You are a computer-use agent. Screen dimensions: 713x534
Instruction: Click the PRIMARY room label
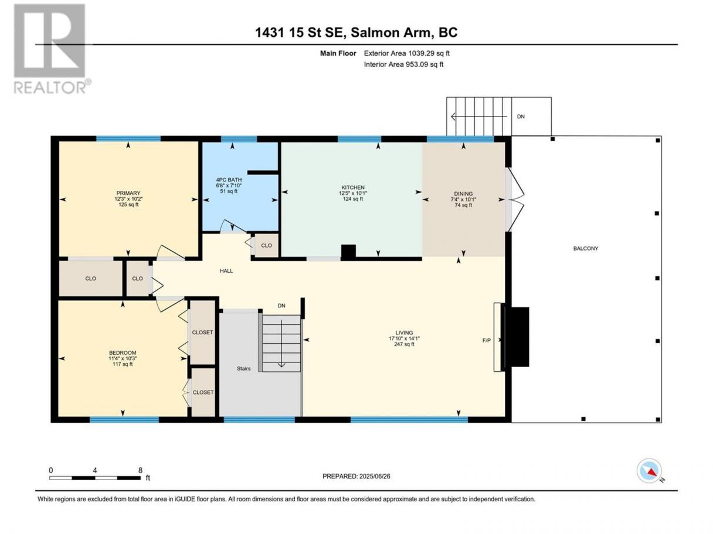(x=128, y=193)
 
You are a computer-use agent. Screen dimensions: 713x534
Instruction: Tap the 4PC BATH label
(x=229, y=180)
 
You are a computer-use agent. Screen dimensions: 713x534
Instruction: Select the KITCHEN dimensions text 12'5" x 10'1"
(x=353, y=193)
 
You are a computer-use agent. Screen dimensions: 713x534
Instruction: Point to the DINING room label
(x=463, y=194)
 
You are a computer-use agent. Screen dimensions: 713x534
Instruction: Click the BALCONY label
(x=586, y=248)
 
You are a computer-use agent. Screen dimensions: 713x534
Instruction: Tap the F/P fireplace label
(x=486, y=340)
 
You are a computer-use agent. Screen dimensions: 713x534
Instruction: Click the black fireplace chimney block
(x=520, y=337)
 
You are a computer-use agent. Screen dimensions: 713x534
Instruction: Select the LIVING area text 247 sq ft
(x=404, y=344)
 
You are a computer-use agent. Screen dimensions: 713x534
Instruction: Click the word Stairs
(x=243, y=368)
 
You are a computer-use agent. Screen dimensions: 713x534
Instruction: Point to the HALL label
(x=226, y=271)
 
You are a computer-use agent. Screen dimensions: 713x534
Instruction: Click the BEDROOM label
(x=123, y=352)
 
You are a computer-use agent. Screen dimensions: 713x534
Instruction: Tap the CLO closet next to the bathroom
(x=266, y=245)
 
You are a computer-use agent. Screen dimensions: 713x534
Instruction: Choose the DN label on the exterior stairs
(x=521, y=117)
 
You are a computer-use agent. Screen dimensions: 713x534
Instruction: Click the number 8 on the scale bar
(x=140, y=470)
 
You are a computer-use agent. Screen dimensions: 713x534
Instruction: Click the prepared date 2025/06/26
(x=375, y=476)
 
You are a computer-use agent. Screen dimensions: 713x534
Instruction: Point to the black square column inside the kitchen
(x=348, y=252)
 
